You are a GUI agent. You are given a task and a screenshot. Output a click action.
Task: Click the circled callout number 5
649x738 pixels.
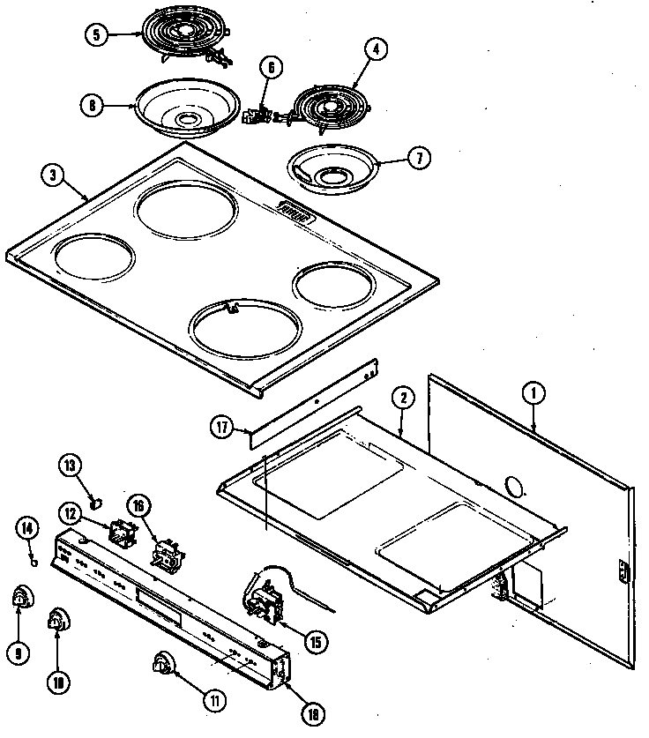[98, 36]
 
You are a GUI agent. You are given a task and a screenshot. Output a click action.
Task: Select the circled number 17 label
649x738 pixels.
[222, 429]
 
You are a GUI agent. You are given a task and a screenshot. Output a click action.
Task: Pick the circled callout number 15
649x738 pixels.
[314, 642]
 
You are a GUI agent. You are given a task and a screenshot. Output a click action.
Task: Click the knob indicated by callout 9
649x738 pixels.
[19, 600]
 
